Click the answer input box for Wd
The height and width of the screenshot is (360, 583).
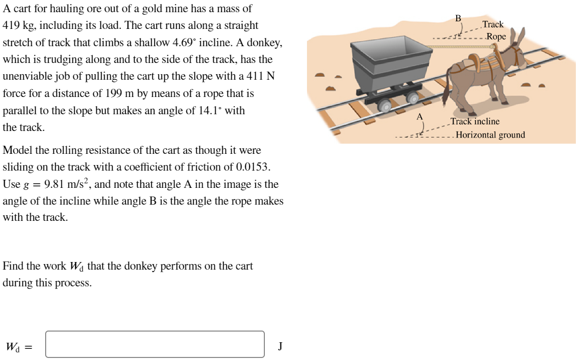pos(155,344)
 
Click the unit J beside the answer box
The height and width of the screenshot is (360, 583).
pos(280,346)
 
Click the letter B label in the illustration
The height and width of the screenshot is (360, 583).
pos(458,19)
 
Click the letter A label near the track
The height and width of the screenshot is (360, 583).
pos(419,116)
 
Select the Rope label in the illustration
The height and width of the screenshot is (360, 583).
pos(496,37)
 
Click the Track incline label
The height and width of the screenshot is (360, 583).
pos(475,121)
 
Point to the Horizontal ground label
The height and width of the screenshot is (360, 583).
pos(490,135)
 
